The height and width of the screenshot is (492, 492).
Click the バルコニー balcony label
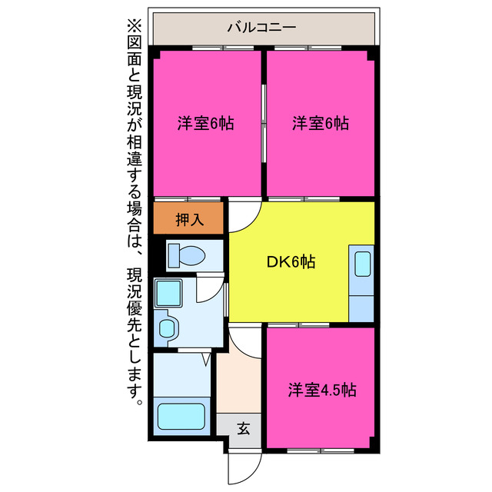[261, 28]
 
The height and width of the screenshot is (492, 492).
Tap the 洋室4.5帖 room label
[322, 389]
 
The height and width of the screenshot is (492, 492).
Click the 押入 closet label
[189, 219]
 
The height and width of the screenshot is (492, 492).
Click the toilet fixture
[184, 254]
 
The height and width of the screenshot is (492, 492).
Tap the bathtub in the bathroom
[181, 416]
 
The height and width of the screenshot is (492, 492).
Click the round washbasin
[167, 329]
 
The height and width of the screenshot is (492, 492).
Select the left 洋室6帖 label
[205, 123]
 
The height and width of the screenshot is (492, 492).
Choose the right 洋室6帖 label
[321, 123]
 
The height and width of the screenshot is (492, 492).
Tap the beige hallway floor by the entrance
[238, 384]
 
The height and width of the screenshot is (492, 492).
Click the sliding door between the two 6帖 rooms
[264, 123]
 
